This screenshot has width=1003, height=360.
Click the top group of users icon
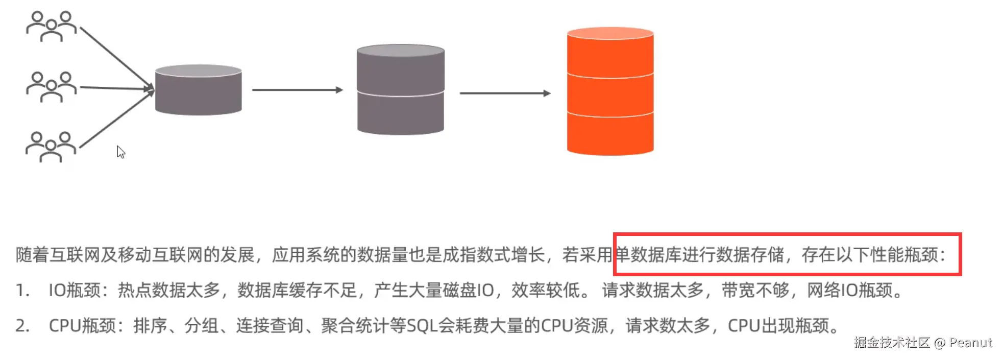[51, 26]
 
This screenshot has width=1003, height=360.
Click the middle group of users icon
[51, 87]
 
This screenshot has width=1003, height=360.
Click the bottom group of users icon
[51, 147]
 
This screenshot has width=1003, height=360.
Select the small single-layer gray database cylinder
[198, 90]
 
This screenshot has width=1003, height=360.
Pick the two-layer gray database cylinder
[401, 90]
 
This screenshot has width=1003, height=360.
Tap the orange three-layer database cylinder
[610, 91]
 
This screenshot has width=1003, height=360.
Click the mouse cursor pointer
[120, 152]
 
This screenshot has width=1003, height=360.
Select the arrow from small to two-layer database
[297, 90]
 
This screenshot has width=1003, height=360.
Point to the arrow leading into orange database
[504, 93]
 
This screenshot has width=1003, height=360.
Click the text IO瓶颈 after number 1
[74, 291]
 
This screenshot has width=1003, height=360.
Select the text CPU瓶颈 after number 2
[82, 326]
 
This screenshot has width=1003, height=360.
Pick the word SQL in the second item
[422, 326]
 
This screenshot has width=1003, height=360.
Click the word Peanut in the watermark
[970, 343]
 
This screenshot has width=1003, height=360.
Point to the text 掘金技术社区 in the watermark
[892, 343]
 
